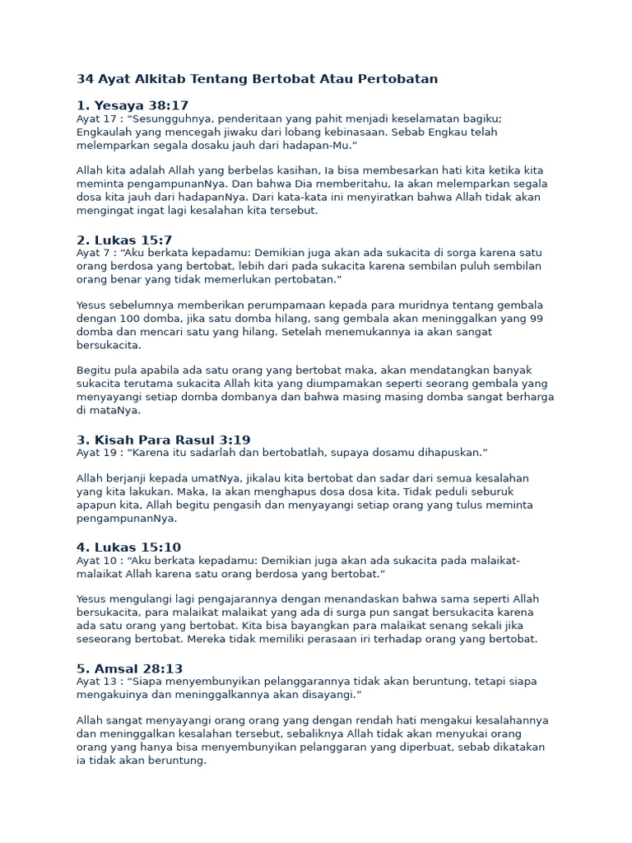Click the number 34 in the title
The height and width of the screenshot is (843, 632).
click(85, 79)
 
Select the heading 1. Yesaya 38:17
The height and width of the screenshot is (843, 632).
click(132, 105)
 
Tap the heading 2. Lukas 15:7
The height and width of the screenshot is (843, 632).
click(124, 240)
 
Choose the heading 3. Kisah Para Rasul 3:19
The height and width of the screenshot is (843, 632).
click(163, 440)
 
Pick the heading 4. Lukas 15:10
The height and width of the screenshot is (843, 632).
click(128, 547)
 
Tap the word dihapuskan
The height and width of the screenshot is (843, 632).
click(446, 453)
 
